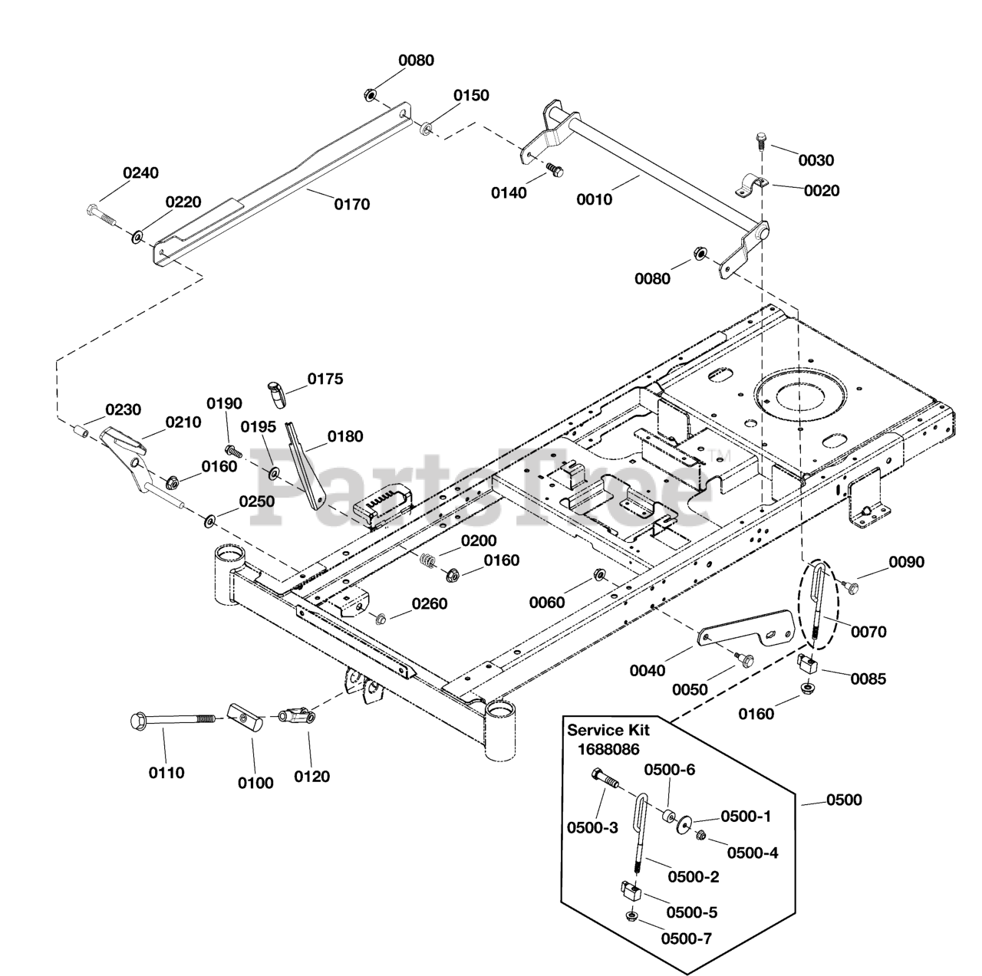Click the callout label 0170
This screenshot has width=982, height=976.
351,204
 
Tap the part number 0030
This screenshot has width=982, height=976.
816,160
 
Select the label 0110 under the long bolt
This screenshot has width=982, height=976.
166,773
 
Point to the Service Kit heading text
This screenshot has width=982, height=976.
608,730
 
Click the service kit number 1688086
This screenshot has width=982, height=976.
608,749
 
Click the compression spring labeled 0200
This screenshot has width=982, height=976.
427,561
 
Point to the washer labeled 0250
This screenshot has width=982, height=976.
209,521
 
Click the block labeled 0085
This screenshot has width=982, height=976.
806,664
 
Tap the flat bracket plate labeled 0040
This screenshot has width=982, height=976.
746,630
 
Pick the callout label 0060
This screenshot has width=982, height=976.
547,603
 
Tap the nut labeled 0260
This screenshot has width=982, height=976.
380,619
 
